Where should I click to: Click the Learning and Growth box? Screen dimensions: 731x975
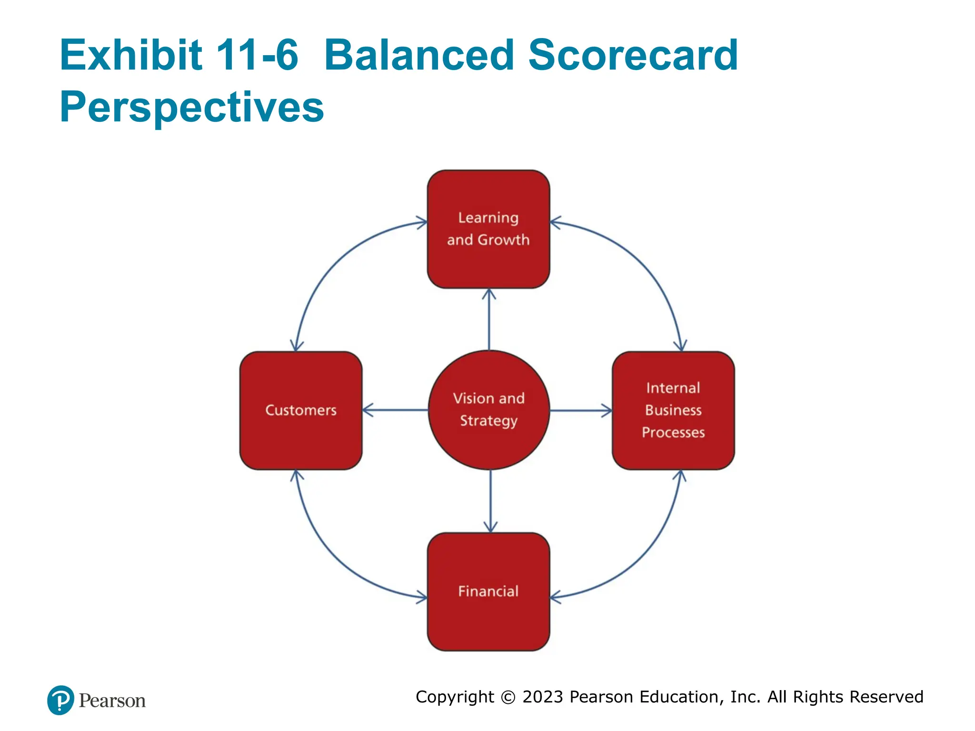(x=488, y=229)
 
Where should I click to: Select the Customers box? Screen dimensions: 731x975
(x=300, y=410)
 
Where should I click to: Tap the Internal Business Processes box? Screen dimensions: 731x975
(x=673, y=410)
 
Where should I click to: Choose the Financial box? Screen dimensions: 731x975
(x=488, y=592)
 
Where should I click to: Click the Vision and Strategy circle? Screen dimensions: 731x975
(x=488, y=410)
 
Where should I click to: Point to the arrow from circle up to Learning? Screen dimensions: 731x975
(x=489, y=319)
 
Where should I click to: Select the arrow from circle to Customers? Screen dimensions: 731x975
(x=395, y=410)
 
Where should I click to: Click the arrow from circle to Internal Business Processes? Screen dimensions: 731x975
(x=581, y=410)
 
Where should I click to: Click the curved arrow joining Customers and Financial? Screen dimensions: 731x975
(x=333, y=554)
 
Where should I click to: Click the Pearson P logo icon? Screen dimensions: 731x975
(x=60, y=700)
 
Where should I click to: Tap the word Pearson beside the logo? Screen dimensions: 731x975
(x=112, y=701)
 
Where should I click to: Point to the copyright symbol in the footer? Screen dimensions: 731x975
(x=508, y=697)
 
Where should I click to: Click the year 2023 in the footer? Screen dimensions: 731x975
(x=543, y=697)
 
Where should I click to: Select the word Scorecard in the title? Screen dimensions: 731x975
(x=633, y=55)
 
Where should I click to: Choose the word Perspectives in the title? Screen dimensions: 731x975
(x=191, y=107)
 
